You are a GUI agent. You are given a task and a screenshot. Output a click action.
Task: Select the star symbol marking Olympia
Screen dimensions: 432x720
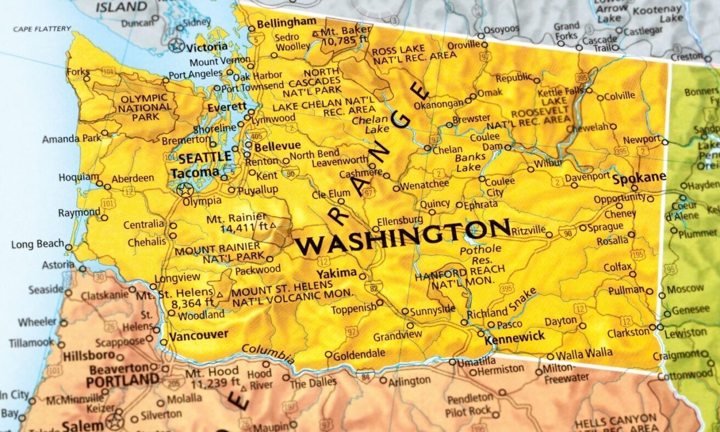185,190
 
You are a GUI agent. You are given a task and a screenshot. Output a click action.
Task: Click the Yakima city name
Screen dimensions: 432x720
336,273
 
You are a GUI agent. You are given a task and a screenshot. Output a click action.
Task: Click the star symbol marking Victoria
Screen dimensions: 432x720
177,45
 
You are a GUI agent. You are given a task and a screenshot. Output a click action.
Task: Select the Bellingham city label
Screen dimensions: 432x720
286,22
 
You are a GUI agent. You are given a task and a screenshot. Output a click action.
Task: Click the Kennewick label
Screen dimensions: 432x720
515,336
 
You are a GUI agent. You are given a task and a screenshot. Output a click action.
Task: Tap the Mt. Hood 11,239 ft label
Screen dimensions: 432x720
212,378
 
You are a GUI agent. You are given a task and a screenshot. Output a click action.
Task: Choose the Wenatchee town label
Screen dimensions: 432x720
425,184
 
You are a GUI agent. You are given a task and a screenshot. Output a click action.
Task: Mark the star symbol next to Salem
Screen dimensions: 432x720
115,422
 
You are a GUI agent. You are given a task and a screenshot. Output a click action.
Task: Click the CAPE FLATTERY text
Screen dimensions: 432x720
42,29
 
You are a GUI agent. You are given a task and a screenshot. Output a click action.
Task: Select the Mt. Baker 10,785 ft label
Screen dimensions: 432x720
341,37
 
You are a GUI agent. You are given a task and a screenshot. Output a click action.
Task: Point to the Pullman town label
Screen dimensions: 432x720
626,290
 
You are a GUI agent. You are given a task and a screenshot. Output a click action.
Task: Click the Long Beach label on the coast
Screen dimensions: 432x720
37,244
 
